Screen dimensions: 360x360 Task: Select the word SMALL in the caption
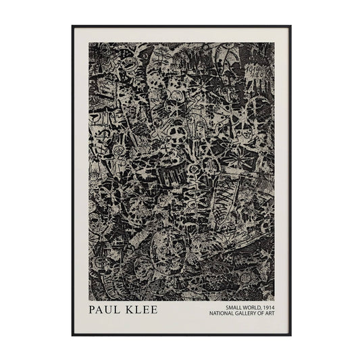pos(222,307)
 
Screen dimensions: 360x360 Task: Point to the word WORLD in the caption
pos(242,307)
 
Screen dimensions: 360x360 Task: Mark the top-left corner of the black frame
pos(72,26)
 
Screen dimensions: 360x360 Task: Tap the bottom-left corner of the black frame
pos(72,335)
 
